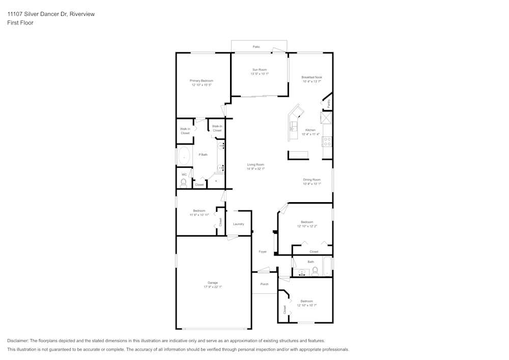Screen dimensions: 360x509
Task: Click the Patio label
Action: click(257, 47)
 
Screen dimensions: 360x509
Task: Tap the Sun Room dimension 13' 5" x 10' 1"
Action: click(259, 74)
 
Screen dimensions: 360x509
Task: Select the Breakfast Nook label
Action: click(312, 77)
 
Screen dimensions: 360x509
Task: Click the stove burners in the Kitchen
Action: click(327, 142)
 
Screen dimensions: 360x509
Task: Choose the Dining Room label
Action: click(312, 179)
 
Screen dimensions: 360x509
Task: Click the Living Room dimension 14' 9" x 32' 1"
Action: click(256, 169)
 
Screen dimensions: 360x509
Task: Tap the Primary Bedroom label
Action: click(202, 81)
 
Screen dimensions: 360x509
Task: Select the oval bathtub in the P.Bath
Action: click(184, 157)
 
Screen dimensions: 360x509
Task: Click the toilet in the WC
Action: click(184, 182)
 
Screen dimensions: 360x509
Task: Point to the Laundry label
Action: click(239, 224)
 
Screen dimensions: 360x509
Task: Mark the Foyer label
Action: click(263, 252)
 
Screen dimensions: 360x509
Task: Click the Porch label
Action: click(264, 284)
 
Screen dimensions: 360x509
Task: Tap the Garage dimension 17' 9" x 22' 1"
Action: click(212, 287)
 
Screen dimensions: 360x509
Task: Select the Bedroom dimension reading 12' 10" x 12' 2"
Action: click(307, 226)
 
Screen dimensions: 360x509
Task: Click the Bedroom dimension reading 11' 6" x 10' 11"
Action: click(199, 215)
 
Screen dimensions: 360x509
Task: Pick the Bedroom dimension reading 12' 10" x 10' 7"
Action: click(307, 306)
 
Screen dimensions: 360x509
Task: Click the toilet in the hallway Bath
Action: click(315, 271)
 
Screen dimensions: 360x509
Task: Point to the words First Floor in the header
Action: click(20, 23)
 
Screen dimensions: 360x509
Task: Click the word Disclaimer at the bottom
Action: click(18, 341)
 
